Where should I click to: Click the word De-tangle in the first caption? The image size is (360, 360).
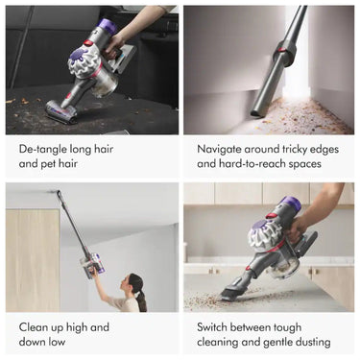point(41,150)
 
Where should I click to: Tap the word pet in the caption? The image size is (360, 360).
point(49,164)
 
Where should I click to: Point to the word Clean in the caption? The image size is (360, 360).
point(34,327)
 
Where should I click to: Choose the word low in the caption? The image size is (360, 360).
point(58,342)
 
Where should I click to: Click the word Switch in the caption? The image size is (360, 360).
point(211,327)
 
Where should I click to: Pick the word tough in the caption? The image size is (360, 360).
point(287,327)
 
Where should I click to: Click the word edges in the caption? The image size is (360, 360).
point(323,150)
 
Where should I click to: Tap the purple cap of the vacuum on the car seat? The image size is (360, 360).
point(106,26)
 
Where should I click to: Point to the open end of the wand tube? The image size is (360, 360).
point(256,113)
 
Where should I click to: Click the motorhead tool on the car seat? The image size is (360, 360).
point(61,111)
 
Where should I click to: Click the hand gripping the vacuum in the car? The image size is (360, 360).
point(112,46)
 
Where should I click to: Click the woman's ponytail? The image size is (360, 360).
point(141,300)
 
